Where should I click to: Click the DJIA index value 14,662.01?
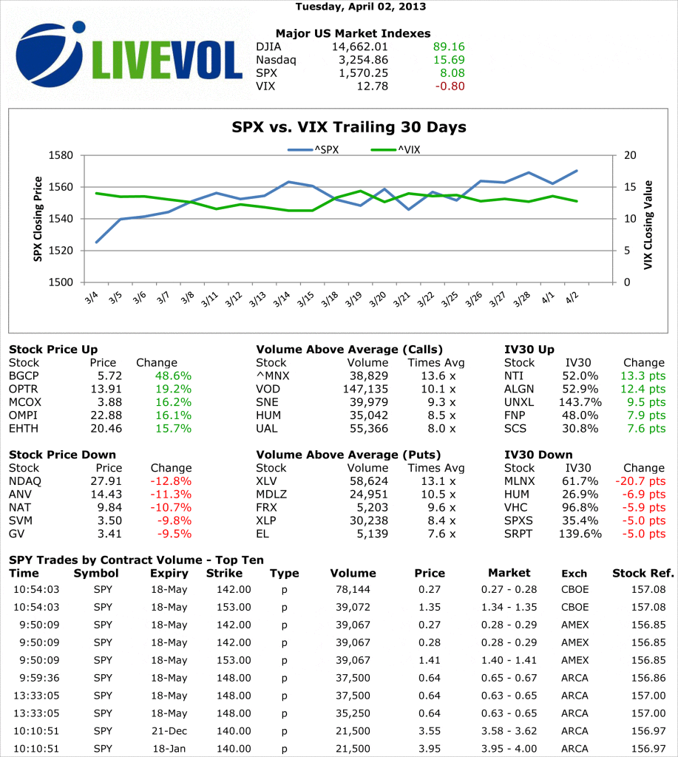pos(359,47)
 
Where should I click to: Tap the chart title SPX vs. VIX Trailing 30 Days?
pos(349,127)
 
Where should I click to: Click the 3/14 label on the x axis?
pos(281,299)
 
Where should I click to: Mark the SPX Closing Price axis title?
pos(37,218)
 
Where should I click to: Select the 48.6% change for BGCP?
pos(173,376)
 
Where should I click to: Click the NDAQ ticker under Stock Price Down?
pos(24,481)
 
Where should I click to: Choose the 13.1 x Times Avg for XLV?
pos(439,481)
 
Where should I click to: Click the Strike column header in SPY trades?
pos(224,573)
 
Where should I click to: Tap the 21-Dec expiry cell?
pos(168,731)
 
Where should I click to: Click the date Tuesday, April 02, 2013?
pos(360,7)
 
